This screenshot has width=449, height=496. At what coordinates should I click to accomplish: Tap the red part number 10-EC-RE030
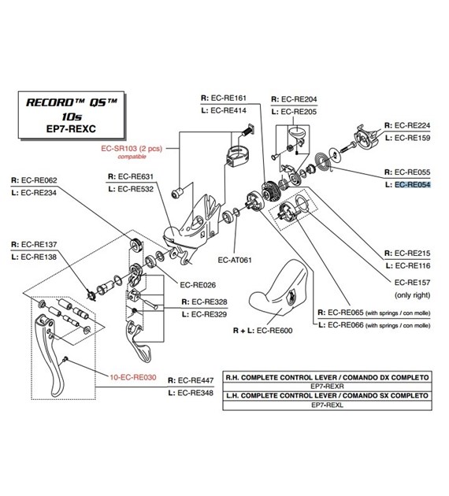click(128, 377)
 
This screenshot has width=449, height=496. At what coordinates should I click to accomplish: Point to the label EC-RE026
click(199, 284)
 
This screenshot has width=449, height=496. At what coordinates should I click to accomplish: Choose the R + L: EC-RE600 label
click(263, 331)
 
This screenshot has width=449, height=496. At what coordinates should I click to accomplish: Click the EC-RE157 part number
click(411, 282)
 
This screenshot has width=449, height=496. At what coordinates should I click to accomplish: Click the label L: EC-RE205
click(294, 112)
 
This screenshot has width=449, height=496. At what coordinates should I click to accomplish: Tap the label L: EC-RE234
click(40, 191)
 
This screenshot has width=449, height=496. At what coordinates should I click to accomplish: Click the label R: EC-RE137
click(40, 243)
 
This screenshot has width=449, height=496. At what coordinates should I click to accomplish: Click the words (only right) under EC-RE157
click(411, 295)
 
